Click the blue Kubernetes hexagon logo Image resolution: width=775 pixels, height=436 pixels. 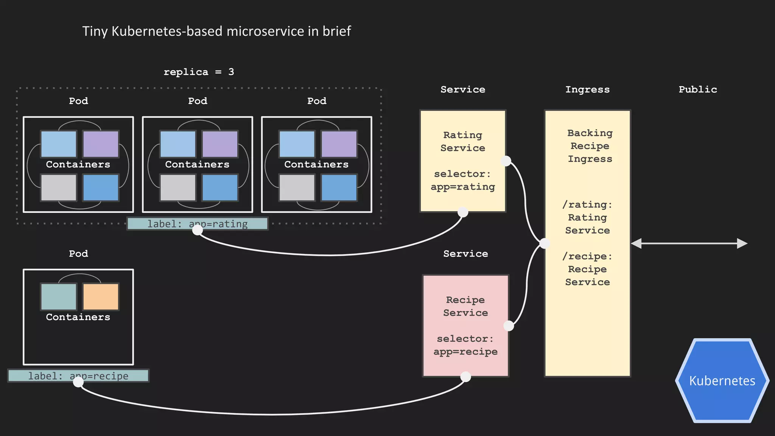[x=722, y=380]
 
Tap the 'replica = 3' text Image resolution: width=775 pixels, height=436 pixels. [x=199, y=72]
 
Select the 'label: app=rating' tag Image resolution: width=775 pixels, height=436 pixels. [x=198, y=224]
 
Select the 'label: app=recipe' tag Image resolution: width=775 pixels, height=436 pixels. [x=78, y=376]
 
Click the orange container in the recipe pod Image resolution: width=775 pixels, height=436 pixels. [x=101, y=297]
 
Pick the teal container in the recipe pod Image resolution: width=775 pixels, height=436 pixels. [x=59, y=297]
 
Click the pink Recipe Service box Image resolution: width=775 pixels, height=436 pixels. [x=465, y=325]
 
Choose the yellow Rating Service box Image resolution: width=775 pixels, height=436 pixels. [x=462, y=161]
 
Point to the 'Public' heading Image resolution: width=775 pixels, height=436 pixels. [x=697, y=90]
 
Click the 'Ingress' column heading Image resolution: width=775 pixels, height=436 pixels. [x=587, y=90]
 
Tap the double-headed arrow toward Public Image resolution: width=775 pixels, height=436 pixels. [x=689, y=243]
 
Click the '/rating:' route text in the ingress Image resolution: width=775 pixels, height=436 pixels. [x=587, y=205]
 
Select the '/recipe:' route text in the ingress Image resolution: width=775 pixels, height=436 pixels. [x=587, y=257]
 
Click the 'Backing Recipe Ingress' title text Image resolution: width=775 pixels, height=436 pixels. [x=590, y=146]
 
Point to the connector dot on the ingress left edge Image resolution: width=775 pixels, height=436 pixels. [x=545, y=243]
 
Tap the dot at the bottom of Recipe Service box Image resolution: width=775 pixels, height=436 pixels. [x=465, y=377]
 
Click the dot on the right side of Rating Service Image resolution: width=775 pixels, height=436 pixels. [x=506, y=161]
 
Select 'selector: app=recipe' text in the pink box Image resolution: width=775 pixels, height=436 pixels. [x=465, y=345]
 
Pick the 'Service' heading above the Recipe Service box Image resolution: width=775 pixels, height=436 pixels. [x=465, y=254]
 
